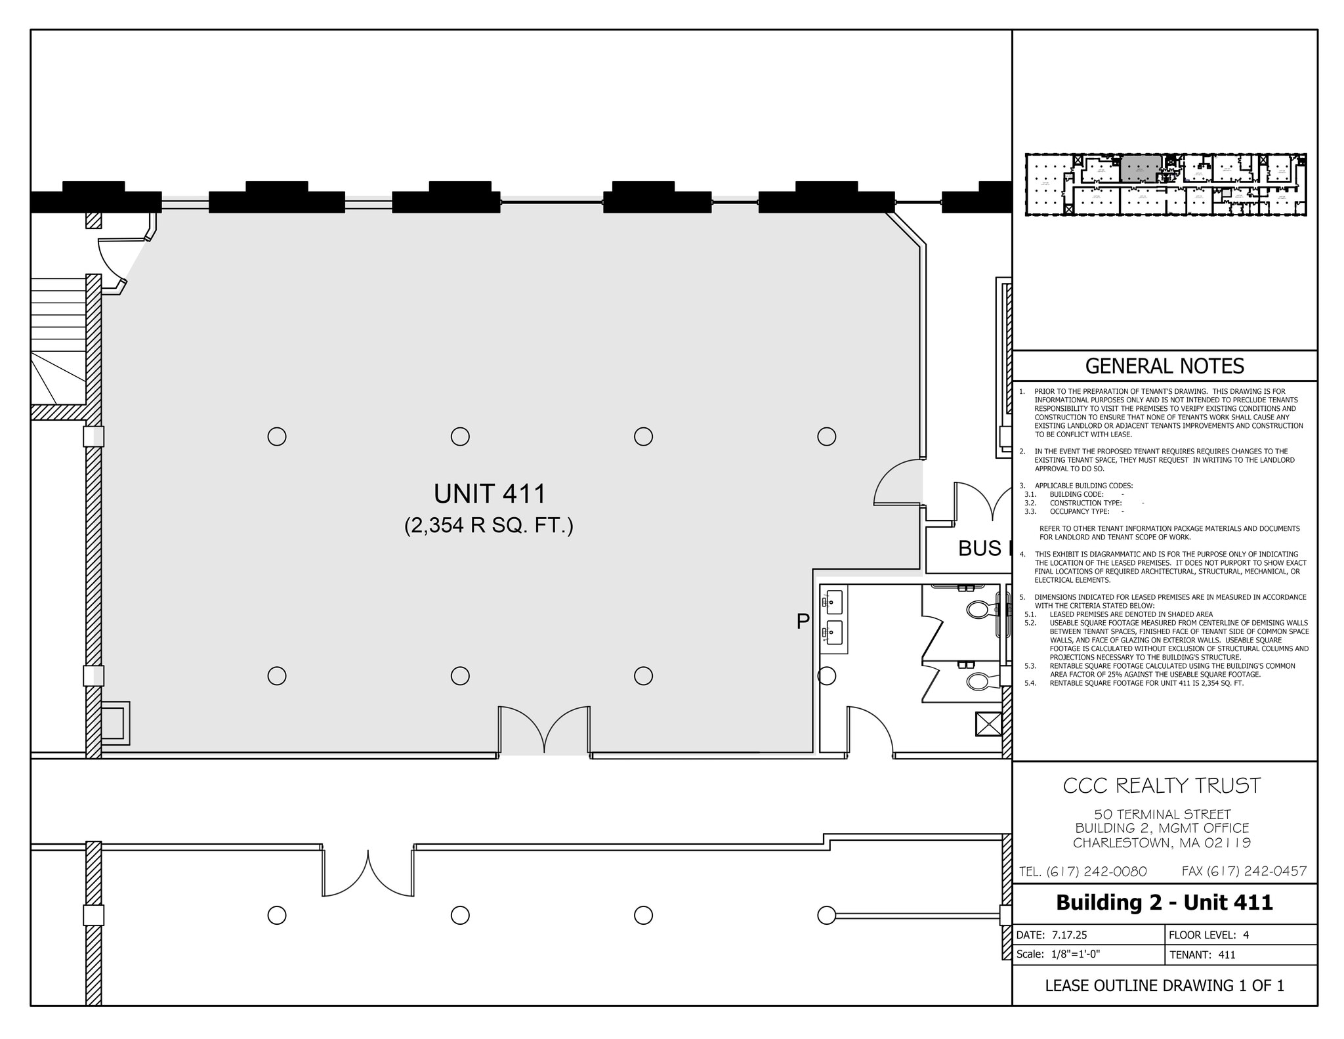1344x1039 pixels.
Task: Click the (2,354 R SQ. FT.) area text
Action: point(489,526)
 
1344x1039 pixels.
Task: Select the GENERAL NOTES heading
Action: point(1164,366)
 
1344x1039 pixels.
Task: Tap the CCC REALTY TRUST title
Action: point(1162,786)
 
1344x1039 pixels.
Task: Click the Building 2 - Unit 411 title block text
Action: point(1164,902)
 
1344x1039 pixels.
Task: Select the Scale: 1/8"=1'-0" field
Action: point(1058,954)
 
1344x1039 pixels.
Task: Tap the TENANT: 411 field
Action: point(1202,955)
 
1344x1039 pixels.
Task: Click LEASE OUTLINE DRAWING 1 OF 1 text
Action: point(1164,985)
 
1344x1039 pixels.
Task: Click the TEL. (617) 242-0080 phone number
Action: point(1083,872)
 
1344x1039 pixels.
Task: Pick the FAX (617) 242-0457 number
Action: point(1244,871)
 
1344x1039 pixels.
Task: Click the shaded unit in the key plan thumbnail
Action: point(1140,169)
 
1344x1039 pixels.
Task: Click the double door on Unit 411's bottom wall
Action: point(544,730)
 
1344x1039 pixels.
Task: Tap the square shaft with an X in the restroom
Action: point(988,725)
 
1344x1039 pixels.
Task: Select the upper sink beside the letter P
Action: point(834,600)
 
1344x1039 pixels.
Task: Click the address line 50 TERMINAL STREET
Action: point(1162,815)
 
